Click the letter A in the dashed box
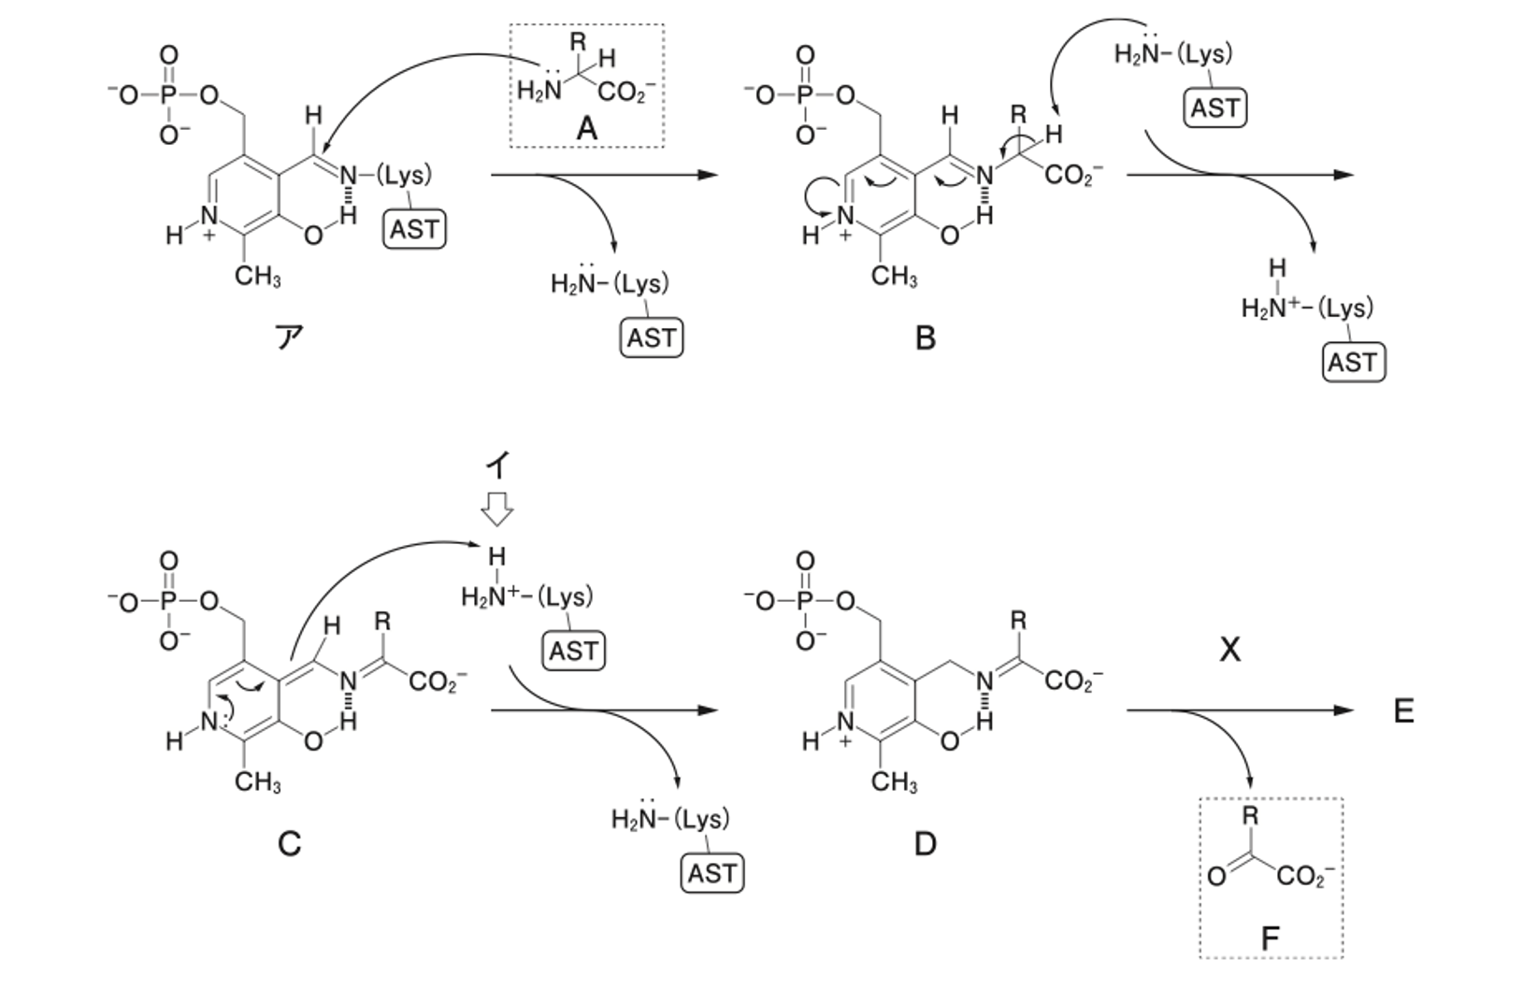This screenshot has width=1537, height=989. pos(587,128)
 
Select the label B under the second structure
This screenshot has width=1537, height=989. pos(925,338)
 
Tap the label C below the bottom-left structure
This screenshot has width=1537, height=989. pos(289,843)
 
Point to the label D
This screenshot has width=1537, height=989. pos(925,843)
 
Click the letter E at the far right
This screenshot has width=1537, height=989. pos(1404,711)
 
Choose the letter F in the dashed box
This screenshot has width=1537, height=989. pos(1271,938)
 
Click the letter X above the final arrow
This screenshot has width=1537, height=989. pos(1229,649)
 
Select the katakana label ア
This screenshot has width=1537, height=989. pos(289,337)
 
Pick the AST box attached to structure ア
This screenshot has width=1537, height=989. pos(414,229)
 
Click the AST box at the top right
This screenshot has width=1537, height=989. pos(1215,108)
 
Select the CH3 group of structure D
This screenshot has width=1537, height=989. pos(894,781)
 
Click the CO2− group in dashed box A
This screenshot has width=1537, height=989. pos(626,92)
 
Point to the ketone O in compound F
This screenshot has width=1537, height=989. pos(1216,876)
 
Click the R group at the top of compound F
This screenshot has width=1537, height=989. pos(1250,815)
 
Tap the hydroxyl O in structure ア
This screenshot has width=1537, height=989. pos(313,236)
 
